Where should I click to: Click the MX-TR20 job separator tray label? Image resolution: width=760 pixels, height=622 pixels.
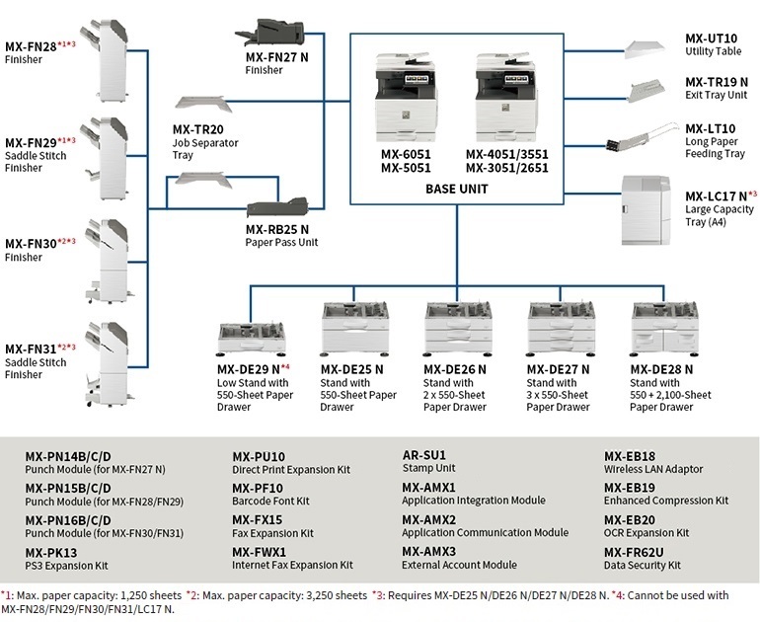point(198,129)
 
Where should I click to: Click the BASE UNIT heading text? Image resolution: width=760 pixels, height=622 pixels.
point(456,188)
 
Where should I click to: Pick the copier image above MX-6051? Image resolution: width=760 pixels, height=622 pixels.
point(409,97)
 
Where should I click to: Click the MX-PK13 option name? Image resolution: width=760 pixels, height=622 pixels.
point(51,552)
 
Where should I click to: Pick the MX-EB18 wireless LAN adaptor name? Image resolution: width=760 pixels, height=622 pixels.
point(630,456)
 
